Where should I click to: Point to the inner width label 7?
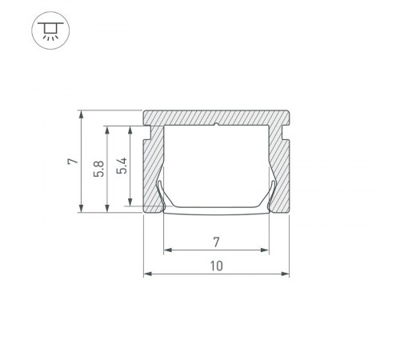[215, 240]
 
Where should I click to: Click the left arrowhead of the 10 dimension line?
[146, 274]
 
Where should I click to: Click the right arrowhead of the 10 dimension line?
[286, 274]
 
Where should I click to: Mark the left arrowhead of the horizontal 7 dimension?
[166, 250]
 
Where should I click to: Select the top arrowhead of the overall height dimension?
[82, 113]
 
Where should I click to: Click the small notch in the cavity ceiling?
[217, 126]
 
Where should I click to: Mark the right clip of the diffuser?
[271, 195]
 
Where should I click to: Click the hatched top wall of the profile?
[216, 116]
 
